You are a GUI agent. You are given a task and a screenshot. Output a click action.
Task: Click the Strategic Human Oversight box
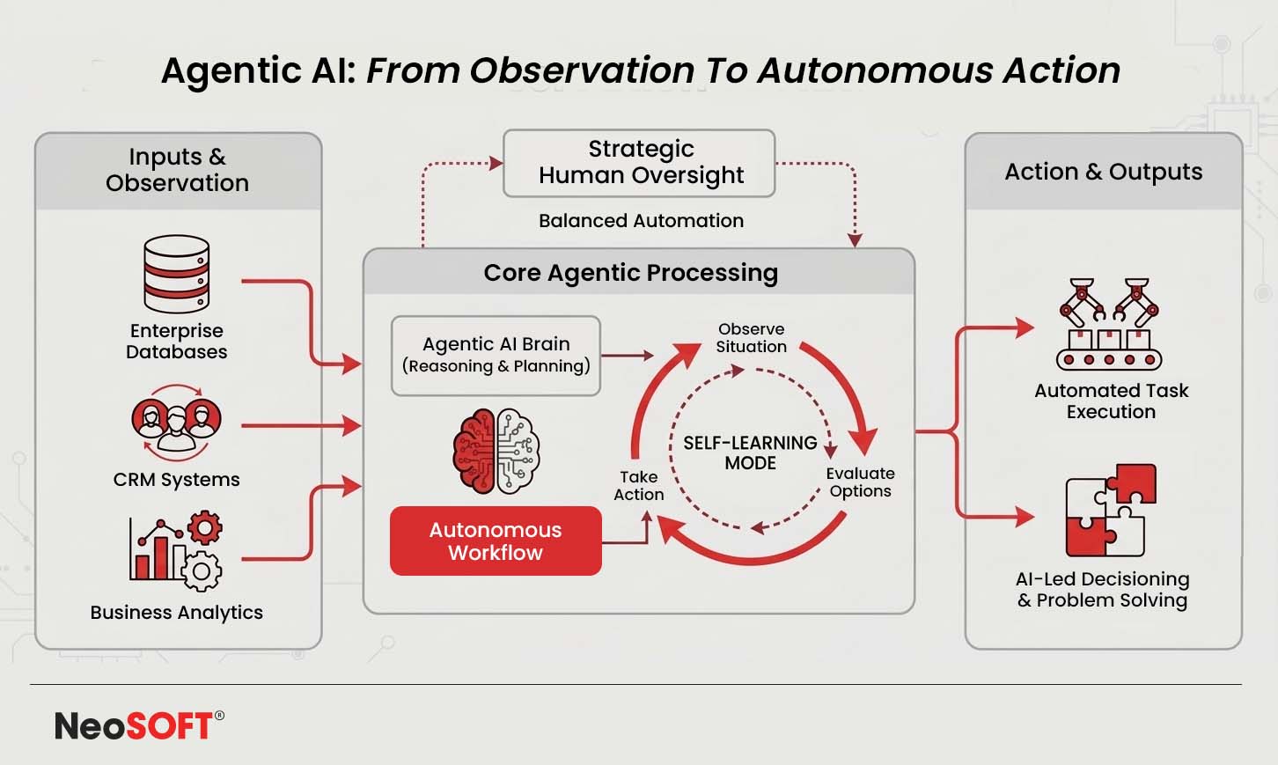(639, 163)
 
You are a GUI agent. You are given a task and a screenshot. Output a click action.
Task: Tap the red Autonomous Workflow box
(496, 541)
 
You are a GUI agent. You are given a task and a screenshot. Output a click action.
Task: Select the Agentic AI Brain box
(496, 355)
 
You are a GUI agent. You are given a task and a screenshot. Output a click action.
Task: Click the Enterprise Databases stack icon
(177, 274)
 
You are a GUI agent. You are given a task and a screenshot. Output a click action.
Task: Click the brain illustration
(496, 451)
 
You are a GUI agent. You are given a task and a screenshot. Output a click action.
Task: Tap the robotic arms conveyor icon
(1109, 324)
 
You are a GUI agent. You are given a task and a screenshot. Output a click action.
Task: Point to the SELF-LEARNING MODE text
(750, 452)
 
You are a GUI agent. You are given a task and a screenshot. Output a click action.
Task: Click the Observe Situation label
(751, 337)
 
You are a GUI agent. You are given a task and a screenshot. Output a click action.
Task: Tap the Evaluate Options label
(860, 482)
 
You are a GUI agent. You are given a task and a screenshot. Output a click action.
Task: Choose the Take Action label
(639, 485)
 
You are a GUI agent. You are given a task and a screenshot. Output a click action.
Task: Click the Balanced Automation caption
(641, 220)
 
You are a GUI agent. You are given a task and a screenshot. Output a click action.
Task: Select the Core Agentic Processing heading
(630, 273)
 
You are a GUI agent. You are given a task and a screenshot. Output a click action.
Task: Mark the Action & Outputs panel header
(1103, 172)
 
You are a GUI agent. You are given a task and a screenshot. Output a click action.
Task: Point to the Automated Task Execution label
(1111, 401)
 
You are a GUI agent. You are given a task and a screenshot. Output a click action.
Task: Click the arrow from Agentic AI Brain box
(627, 356)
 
